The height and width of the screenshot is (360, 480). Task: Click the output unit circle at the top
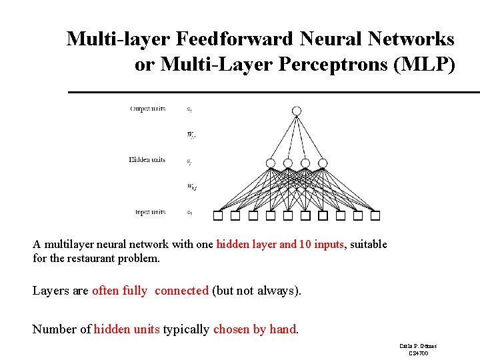pyautogui.click(x=297, y=111)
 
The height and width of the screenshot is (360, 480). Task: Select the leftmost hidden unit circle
pyautogui.click(x=271, y=163)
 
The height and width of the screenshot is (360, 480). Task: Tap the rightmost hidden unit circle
pyautogui.click(x=323, y=163)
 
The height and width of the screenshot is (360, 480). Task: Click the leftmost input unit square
pyautogui.click(x=218, y=215)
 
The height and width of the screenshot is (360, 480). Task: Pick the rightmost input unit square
pyautogui.click(x=375, y=215)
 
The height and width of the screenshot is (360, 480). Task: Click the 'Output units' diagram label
pyautogui.click(x=148, y=109)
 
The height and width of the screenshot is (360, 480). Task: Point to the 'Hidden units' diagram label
pyautogui.click(x=147, y=160)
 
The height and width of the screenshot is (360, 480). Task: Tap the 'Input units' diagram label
pyautogui.click(x=150, y=212)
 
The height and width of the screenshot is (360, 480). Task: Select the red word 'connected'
pyautogui.click(x=181, y=291)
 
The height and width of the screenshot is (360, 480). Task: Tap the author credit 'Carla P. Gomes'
pyautogui.click(x=418, y=346)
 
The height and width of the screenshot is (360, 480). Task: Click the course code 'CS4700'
pyautogui.click(x=418, y=353)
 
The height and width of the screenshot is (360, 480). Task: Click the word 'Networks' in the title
pyautogui.click(x=413, y=39)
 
